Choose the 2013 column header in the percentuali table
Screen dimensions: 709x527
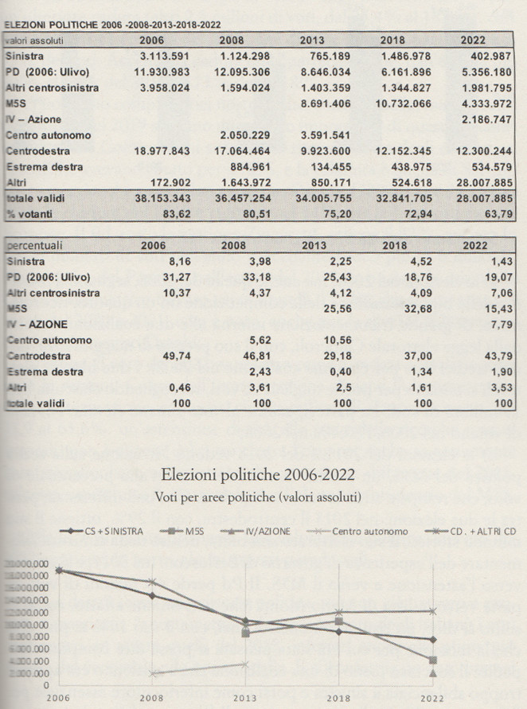pyautogui.click(x=313, y=246)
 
